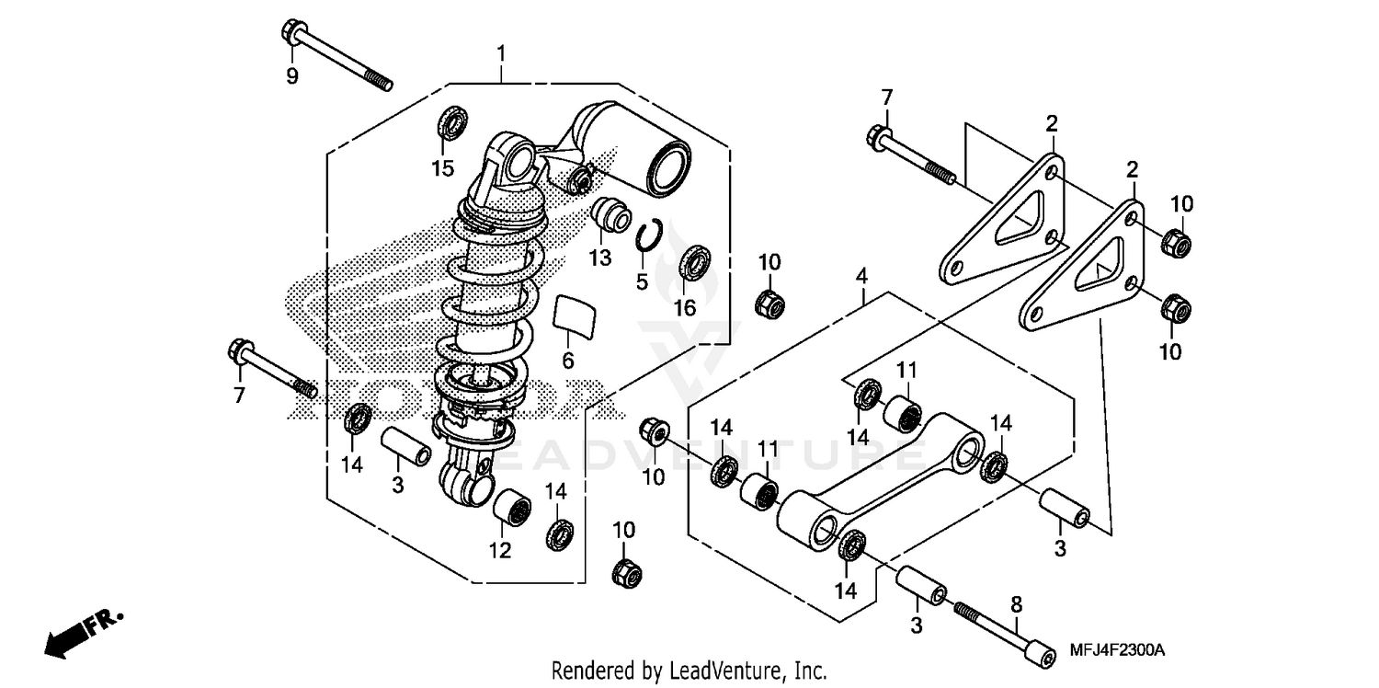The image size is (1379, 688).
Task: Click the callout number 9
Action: (291, 77)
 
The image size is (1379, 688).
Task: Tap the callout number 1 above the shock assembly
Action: (501, 53)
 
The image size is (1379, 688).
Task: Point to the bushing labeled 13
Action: (610, 218)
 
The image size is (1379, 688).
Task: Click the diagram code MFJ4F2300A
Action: (1118, 651)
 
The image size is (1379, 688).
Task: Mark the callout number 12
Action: (499, 552)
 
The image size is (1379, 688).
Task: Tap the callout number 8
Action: (1016, 606)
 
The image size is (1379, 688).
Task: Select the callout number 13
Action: (599, 259)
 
